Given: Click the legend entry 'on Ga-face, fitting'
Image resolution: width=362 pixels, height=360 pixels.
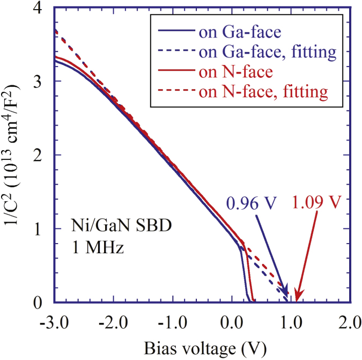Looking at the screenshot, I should [x=267, y=52].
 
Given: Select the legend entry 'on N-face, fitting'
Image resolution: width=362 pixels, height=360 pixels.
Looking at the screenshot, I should [x=263, y=91].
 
